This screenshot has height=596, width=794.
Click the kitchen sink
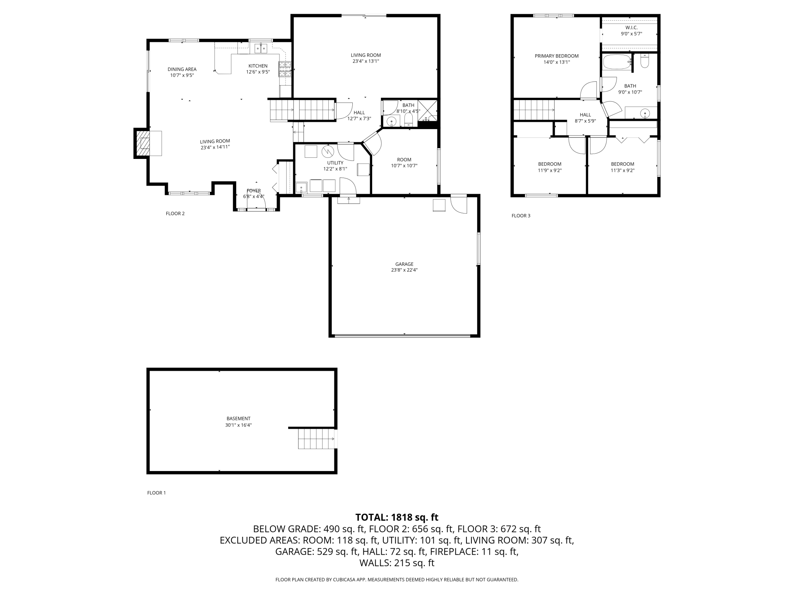tap(261, 48)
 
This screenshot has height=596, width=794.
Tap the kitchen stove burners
tap(285, 69)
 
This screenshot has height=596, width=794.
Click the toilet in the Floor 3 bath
tap(645, 61)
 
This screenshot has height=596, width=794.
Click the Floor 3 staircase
tap(534, 110)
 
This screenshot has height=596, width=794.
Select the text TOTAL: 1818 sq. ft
tap(397, 517)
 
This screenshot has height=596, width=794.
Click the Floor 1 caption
tap(157, 493)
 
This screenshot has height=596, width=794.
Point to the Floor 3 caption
tap(521, 216)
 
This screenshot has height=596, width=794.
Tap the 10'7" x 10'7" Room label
tap(404, 163)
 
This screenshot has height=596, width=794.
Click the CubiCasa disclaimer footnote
tap(397, 580)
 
